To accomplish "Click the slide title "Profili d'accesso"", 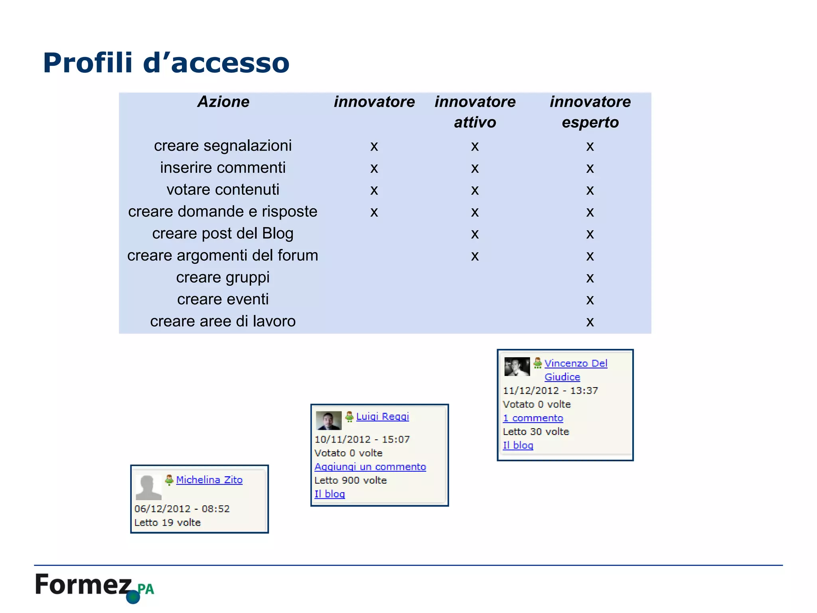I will tap(166, 63).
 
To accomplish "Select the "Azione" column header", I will tap(223, 102).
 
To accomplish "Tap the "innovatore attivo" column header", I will tap(475, 112).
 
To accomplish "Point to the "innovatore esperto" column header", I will tap(590, 112).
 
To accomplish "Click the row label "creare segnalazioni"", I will tap(223, 146).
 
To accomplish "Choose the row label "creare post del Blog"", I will tap(223, 234).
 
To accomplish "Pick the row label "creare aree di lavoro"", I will tap(223, 322).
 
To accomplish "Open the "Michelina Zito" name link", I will tap(209, 480).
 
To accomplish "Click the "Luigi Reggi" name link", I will tap(382, 416).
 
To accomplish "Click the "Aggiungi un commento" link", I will tap(370, 467).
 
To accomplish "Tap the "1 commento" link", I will tap(533, 418).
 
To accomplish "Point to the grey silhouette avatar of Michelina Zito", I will tap(148, 487).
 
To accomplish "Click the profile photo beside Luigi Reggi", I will tap(329, 420).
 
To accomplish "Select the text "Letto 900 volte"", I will tap(350, 480).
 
